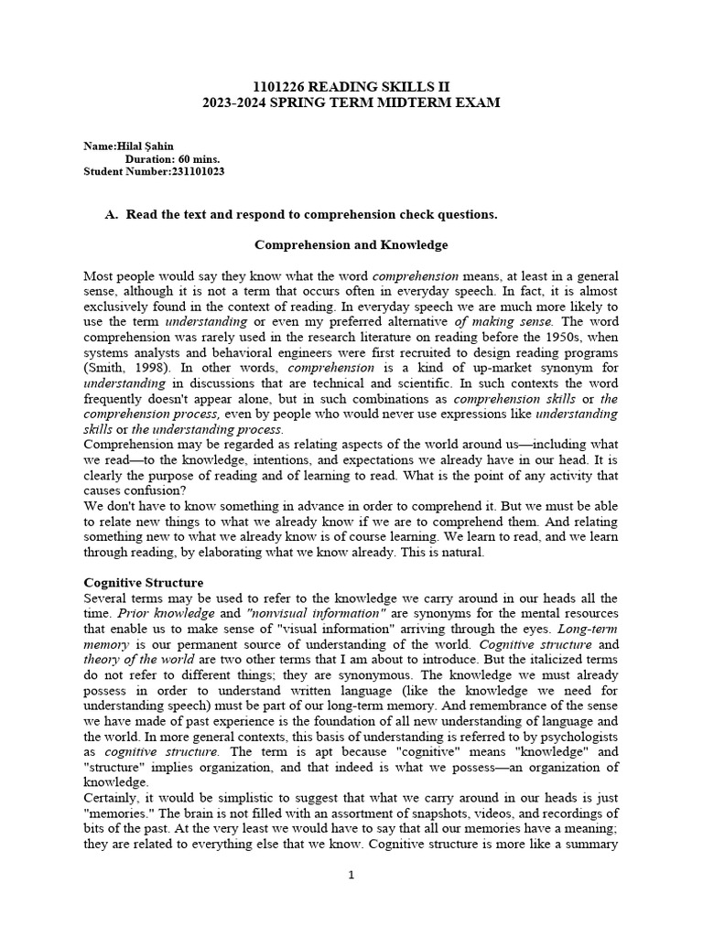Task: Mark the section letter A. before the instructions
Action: point(113,215)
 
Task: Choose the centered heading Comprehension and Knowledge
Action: point(351,245)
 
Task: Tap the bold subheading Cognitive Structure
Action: point(143,582)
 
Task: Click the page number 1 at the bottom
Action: point(351,875)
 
